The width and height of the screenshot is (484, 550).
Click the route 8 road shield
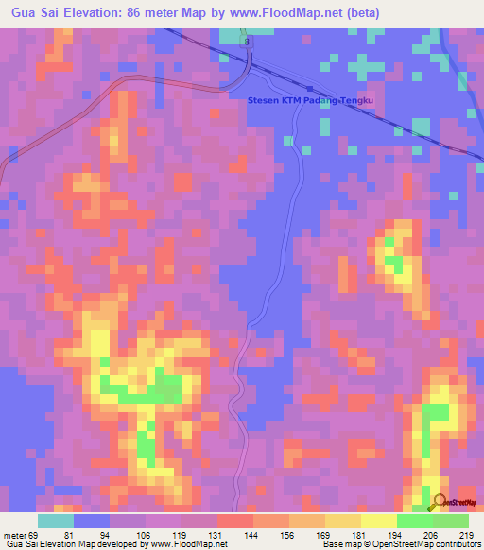click(246, 42)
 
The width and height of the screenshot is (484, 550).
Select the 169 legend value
click(325, 535)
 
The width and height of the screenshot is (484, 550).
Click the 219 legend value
click(466, 535)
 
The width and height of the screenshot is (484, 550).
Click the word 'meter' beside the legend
click(11, 535)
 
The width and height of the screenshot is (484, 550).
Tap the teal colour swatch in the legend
click(56, 521)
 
